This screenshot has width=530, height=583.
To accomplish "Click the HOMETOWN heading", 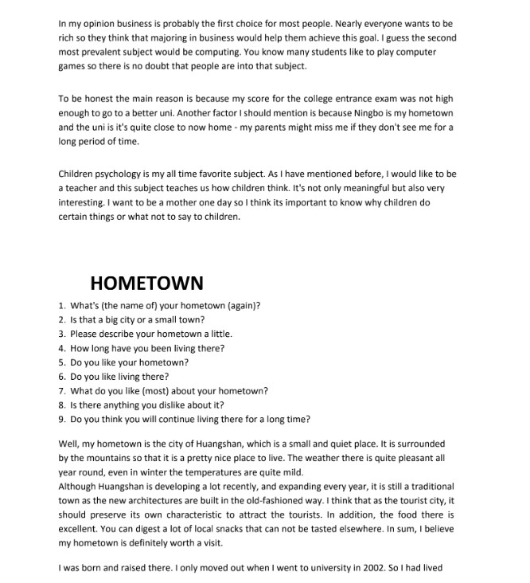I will coord(146,283).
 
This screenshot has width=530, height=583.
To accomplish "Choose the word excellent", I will coord(81,529).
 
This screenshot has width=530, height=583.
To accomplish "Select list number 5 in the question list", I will coord(62,362).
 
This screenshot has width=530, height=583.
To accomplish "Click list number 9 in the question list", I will coord(62,419).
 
